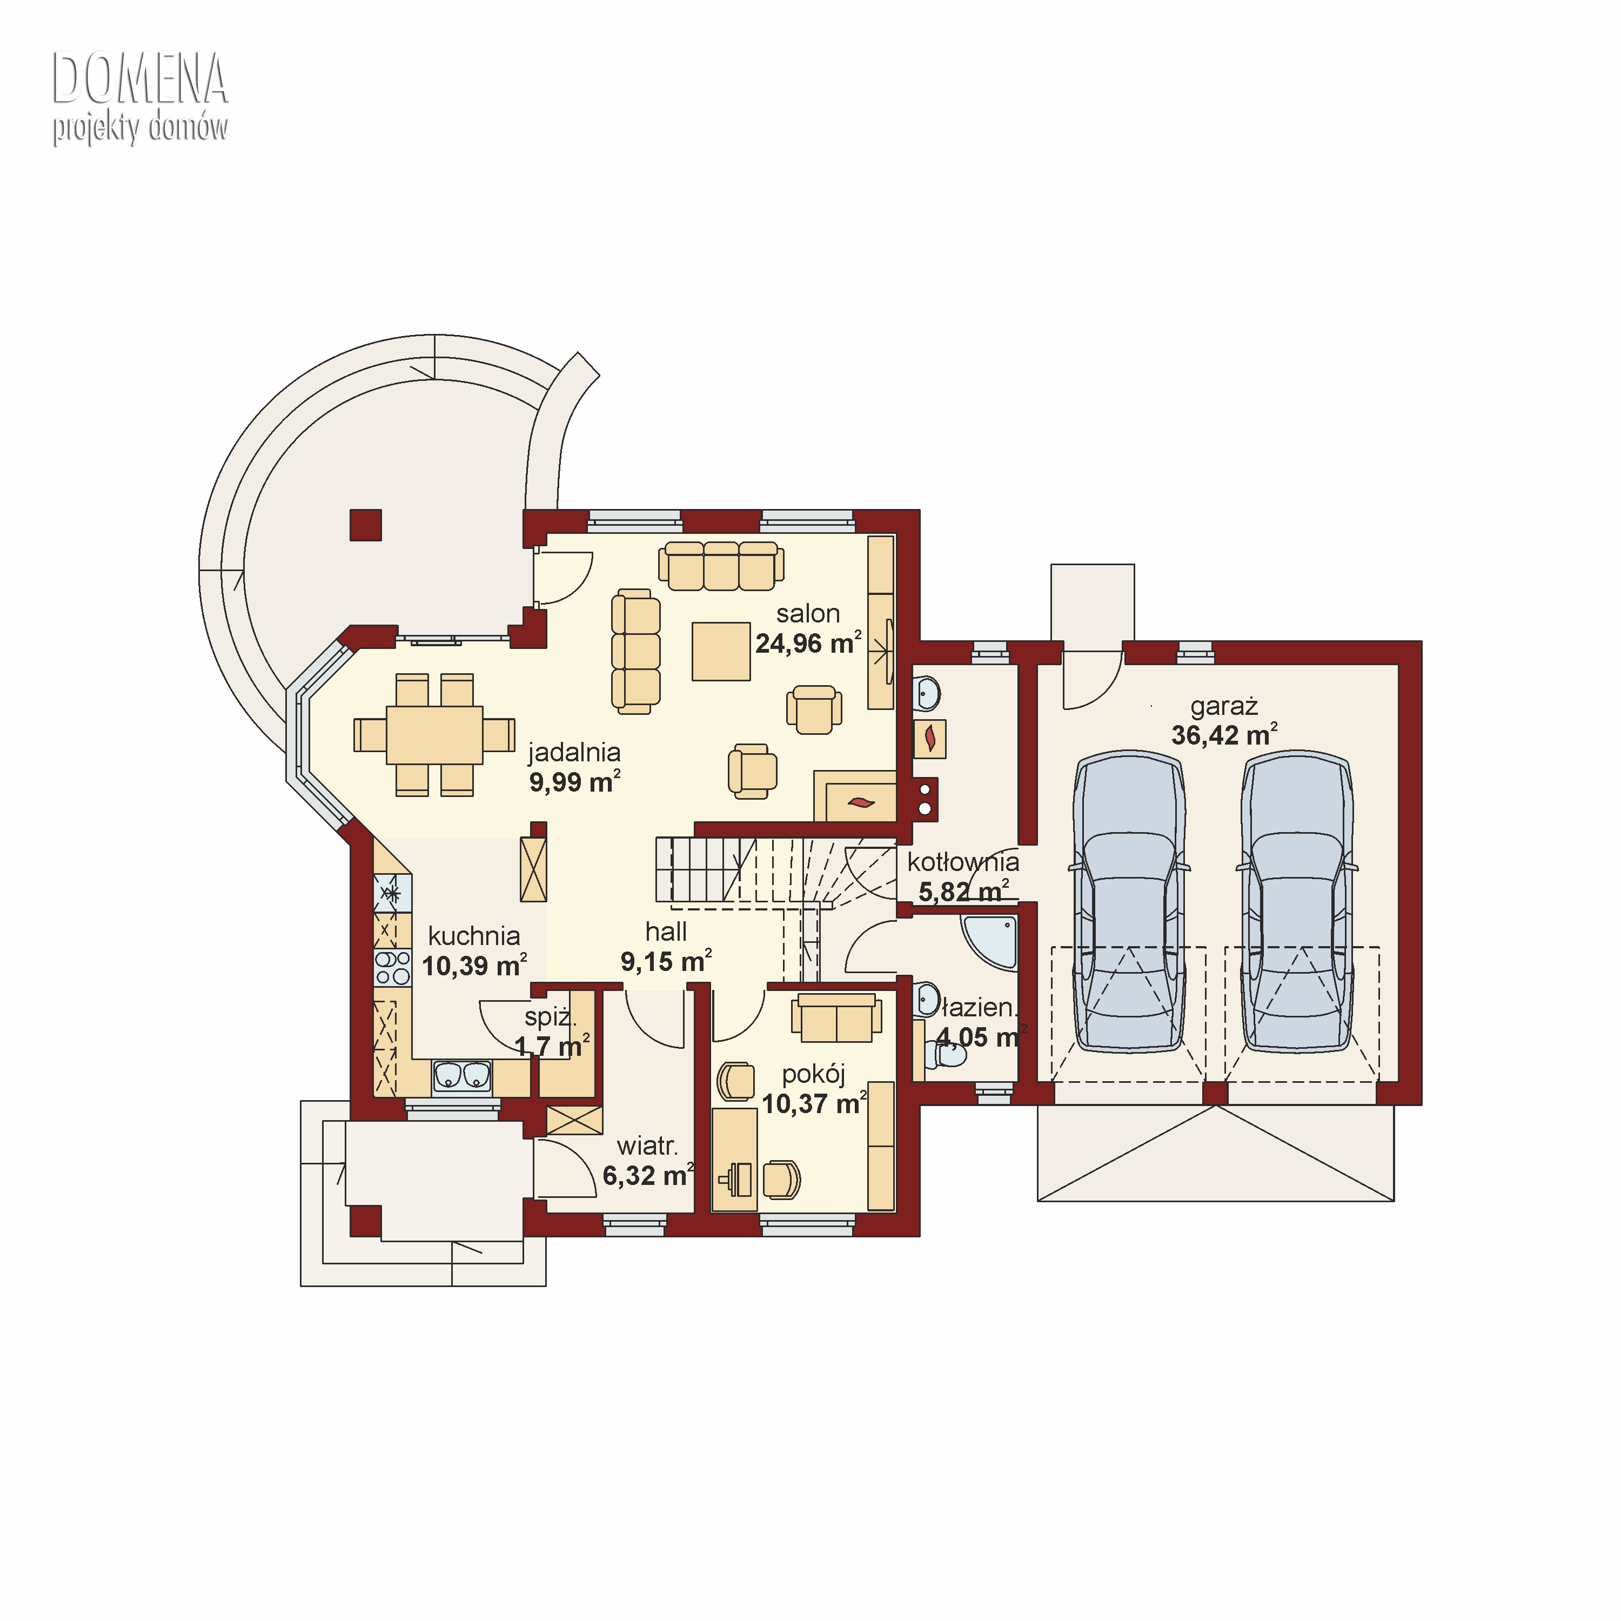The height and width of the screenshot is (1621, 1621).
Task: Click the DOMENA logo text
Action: click(140, 78)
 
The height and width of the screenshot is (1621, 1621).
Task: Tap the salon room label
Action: click(808, 613)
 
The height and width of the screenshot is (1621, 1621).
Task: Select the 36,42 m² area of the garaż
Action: click(1224, 734)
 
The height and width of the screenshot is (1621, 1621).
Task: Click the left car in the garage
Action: click(1129, 901)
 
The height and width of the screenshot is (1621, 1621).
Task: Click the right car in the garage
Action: click(1296, 901)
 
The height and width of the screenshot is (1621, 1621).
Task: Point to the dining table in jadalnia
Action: click(434, 735)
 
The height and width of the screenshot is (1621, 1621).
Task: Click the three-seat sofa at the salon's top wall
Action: click(721, 566)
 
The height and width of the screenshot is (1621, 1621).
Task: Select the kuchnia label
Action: click(474, 935)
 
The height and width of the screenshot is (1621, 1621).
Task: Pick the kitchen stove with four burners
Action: click(392, 967)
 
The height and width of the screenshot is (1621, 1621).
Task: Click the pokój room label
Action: click(813, 1075)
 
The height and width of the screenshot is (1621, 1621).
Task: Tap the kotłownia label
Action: click(963, 862)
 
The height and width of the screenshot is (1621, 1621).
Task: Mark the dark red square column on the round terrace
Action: click(366, 525)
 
